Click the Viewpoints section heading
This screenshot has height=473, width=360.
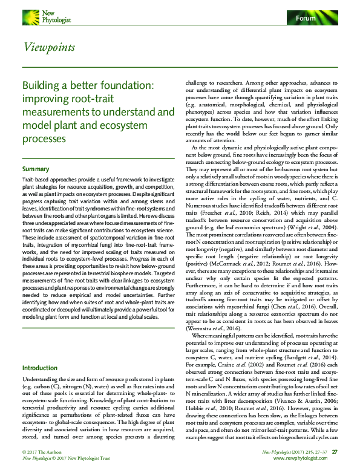[x=49, y=47]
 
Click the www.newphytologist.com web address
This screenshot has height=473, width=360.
[x=309, y=458]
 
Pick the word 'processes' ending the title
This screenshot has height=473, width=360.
[x=44, y=139]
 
